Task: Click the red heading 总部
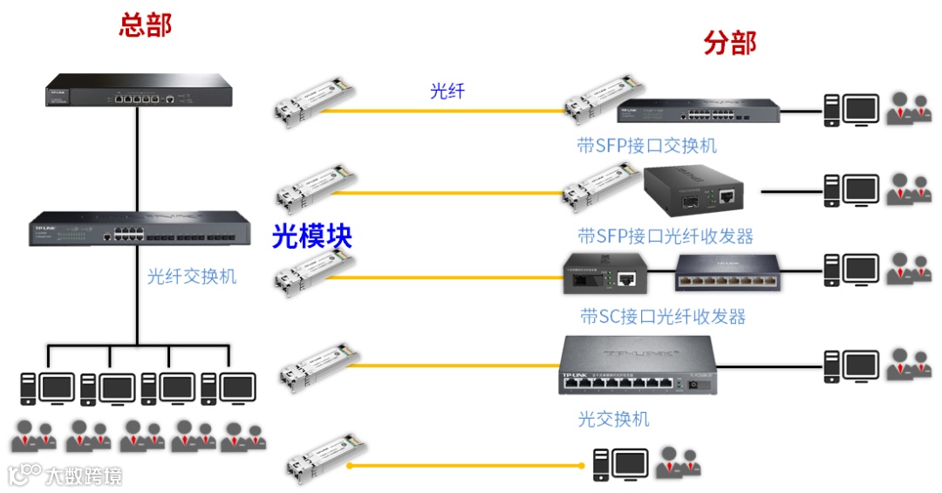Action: click(145, 24)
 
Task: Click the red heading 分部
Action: click(729, 43)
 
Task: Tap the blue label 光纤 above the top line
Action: click(447, 90)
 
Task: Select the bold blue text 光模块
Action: click(311, 236)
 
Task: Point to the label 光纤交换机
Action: click(191, 277)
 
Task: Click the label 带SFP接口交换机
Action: click(646, 146)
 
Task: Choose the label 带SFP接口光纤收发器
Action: click(665, 236)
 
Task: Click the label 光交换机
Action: click(613, 419)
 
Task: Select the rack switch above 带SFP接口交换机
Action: click(698, 111)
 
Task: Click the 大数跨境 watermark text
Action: click(83, 476)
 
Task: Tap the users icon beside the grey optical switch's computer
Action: click(909, 362)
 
